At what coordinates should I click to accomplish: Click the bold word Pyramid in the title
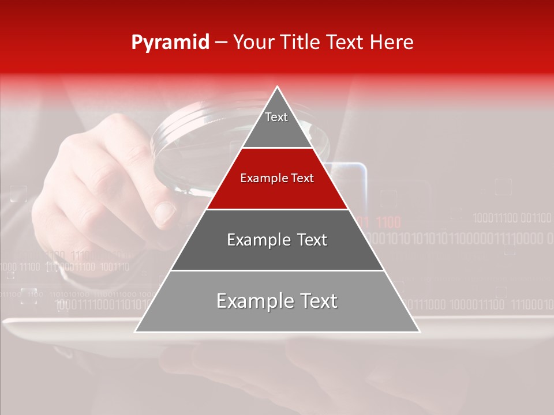point(170,43)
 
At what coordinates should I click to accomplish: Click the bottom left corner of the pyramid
point(136,331)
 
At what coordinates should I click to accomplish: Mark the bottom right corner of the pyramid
point(419,331)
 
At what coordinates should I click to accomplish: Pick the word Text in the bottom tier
point(315,301)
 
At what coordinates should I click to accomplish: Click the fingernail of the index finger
point(165,214)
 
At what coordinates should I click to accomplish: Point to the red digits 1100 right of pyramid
point(388,222)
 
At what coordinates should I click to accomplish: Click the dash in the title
point(221,43)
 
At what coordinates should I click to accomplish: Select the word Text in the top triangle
point(276,117)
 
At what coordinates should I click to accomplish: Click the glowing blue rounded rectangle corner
point(362,168)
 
